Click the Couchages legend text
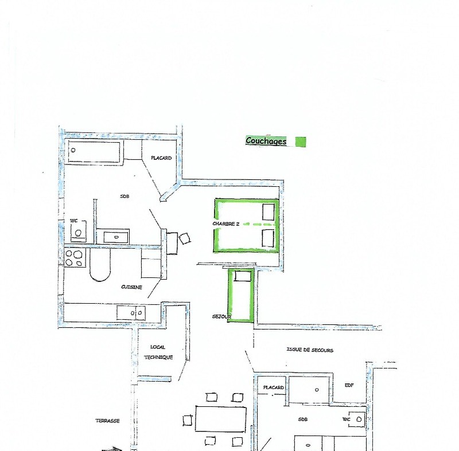point(266,141)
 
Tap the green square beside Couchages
point(301,142)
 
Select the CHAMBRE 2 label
point(225,223)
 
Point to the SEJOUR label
point(221,316)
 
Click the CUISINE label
point(131,287)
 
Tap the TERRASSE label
point(107,421)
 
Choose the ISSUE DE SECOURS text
point(310,350)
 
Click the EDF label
point(349,385)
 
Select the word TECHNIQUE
point(158,357)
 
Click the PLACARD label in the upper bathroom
point(161,158)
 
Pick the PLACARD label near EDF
point(274,387)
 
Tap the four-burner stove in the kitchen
point(75,257)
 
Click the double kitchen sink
point(131,313)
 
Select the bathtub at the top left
point(94,151)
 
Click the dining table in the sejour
point(221,418)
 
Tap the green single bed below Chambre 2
point(241,296)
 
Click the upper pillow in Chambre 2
point(268,212)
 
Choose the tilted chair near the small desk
point(185,238)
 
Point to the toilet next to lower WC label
point(357,419)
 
